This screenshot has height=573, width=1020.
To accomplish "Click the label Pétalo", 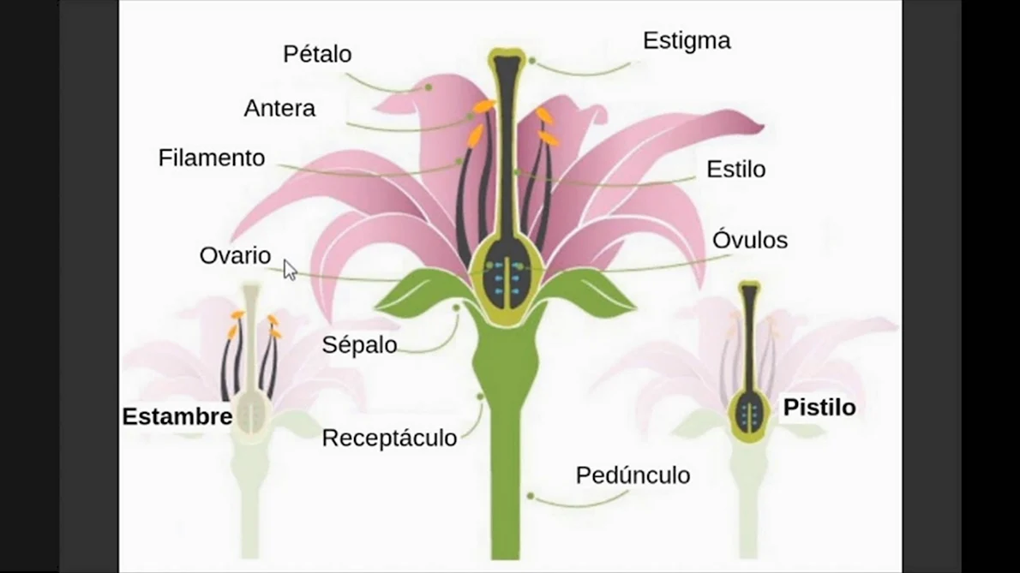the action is point(317,54).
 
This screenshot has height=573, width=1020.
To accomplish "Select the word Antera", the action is point(279,109).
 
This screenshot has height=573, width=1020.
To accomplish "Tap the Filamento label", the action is point(212,158).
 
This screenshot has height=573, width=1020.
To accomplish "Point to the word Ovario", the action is point(235,255).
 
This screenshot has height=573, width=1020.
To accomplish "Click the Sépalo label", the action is point(359,345).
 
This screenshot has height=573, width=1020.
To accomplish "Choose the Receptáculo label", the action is point(389,438).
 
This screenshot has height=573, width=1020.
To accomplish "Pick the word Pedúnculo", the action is point(633,475).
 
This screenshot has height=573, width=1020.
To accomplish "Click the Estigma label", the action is point(687,41).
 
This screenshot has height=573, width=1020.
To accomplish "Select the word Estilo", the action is point(735,170).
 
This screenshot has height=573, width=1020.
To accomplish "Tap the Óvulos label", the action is point(750,240).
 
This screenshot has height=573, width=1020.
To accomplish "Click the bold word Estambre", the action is point(177,416).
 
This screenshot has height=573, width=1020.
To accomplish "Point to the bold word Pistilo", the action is point(819,408).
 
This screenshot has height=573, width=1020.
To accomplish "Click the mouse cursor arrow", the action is point(290,270).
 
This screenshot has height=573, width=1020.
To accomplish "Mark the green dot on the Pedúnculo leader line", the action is point(531,496).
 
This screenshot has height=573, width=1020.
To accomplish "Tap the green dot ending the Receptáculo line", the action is point(480,397).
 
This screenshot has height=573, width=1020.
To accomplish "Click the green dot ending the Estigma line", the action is point(532,61).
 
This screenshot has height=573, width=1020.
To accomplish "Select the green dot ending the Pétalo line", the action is point(429,87).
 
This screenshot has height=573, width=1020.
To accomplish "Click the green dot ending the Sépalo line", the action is point(456,308).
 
